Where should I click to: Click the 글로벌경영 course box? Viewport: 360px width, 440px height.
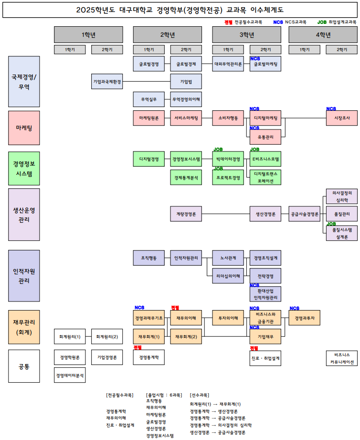tap(149, 64)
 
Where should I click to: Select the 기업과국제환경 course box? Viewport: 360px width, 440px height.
tap(107, 82)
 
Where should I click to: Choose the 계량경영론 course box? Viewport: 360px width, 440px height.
tap(186, 215)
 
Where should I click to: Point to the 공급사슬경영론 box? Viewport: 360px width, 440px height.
tap(305, 215)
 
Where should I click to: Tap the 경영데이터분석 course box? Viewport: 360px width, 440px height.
tap(70, 376)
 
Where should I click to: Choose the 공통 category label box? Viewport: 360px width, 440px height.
tap(24, 366)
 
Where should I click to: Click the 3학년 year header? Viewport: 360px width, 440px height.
tap(247, 34)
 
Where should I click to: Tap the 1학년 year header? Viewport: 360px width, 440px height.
tap(88, 34)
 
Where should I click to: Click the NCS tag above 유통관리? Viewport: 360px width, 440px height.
tap(254, 128)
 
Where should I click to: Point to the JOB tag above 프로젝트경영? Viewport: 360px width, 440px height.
tap(218, 169)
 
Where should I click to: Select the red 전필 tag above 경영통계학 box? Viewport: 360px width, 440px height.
tap(138, 348)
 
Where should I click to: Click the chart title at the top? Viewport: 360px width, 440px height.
tap(180, 10)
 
